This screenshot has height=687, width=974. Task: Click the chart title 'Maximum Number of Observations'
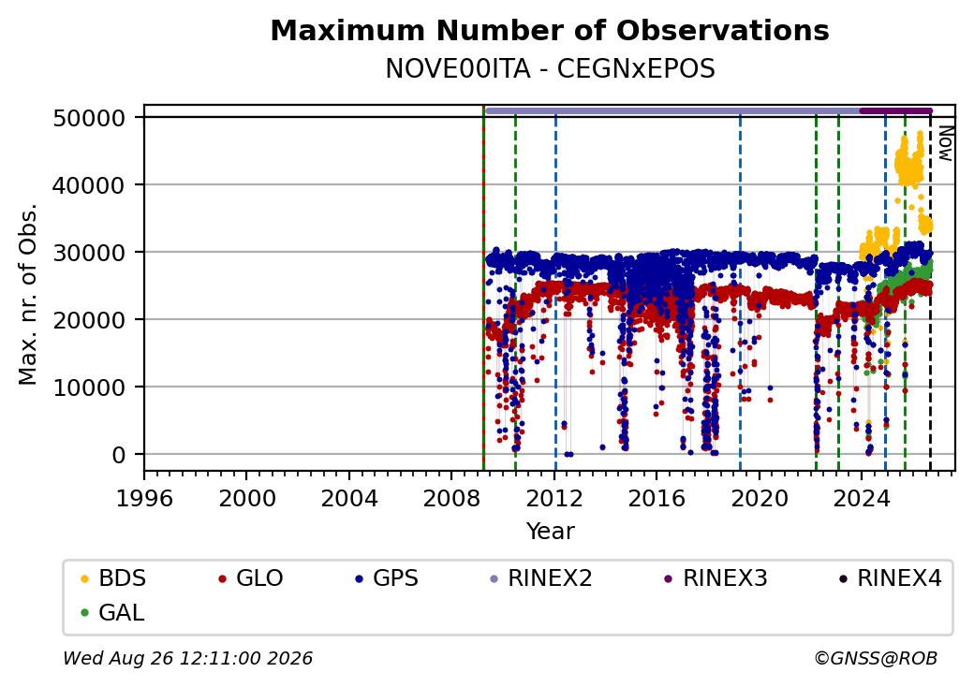click(550, 30)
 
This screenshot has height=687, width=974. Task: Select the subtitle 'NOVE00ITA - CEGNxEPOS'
click(550, 68)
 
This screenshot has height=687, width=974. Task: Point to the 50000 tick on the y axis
click(89, 118)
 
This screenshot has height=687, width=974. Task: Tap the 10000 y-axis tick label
click(89, 387)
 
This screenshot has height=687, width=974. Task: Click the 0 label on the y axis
click(119, 455)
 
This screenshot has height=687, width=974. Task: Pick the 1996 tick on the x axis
click(144, 498)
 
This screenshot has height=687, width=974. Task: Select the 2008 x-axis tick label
click(451, 498)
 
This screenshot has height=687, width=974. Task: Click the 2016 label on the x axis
click(656, 498)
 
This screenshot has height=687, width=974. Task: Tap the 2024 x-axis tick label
click(861, 498)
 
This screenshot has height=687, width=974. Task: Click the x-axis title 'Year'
click(550, 532)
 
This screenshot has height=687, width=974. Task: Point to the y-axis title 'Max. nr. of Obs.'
click(28, 294)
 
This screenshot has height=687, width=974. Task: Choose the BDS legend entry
click(113, 578)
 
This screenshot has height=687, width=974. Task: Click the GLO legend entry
click(251, 578)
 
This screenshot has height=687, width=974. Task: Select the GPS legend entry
click(387, 578)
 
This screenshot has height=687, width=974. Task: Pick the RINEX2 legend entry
click(541, 578)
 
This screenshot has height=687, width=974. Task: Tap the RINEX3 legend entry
click(716, 578)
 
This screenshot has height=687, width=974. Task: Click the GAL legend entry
click(112, 612)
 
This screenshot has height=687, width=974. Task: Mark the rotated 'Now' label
click(945, 143)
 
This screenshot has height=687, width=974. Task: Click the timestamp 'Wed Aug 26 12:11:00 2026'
click(187, 658)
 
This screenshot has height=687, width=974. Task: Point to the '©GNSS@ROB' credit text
click(876, 658)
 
